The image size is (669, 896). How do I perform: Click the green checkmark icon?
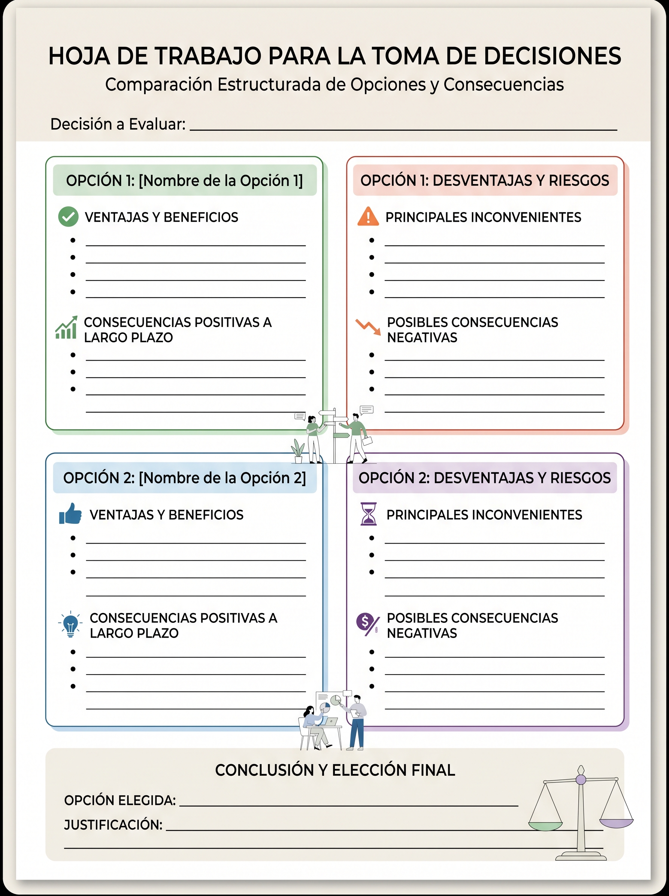68,217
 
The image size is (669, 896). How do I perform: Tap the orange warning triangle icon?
368,217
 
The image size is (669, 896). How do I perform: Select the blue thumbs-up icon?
70,514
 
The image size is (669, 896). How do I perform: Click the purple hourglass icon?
368,514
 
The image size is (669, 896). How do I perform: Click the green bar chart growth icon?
66,328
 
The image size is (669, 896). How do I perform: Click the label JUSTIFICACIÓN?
113,825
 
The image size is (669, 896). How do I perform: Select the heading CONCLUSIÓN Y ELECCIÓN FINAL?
335,770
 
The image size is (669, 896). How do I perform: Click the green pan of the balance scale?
545,825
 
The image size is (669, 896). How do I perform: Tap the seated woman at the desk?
312,727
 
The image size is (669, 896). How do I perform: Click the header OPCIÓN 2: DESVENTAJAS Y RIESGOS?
484,478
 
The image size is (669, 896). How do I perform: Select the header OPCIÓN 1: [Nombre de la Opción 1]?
184,181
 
